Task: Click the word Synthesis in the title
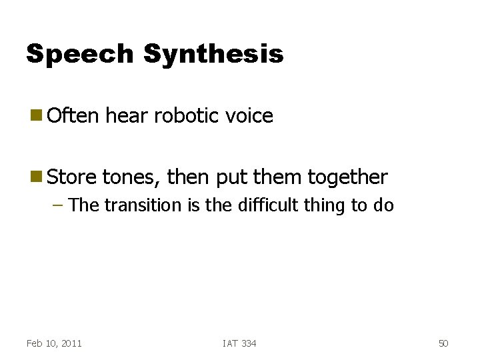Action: (x=213, y=54)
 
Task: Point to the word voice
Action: (x=249, y=116)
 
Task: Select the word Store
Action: (x=73, y=177)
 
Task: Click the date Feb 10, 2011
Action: (x=54, y=343)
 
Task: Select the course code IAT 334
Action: (x=239, y=343)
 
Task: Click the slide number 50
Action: (x=443, y=343)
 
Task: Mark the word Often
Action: (x=73, y=115)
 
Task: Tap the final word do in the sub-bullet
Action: (x=384, y=205)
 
